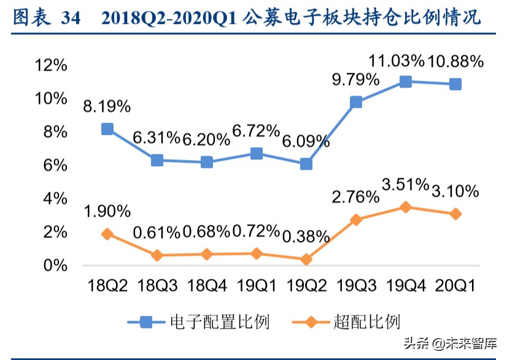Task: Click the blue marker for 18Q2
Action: click(x=107, y=129)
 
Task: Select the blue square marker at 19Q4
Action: click(x=405, y=82)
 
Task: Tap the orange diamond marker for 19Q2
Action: click(x=306, y=259)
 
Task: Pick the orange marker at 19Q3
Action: click(x=356, y=219)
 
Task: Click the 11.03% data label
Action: click(x=397, y=61)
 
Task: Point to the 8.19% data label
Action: click(x=107, y=106)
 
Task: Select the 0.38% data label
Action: click(x=305, y=237)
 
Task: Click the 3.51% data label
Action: click(x=406, y=185)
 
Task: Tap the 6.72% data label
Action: click(x=256, y=130)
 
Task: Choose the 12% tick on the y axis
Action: click(x=51, y=65)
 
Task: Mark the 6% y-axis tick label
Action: click(x=55, y=166)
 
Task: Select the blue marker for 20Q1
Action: click(x=455, y=84)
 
